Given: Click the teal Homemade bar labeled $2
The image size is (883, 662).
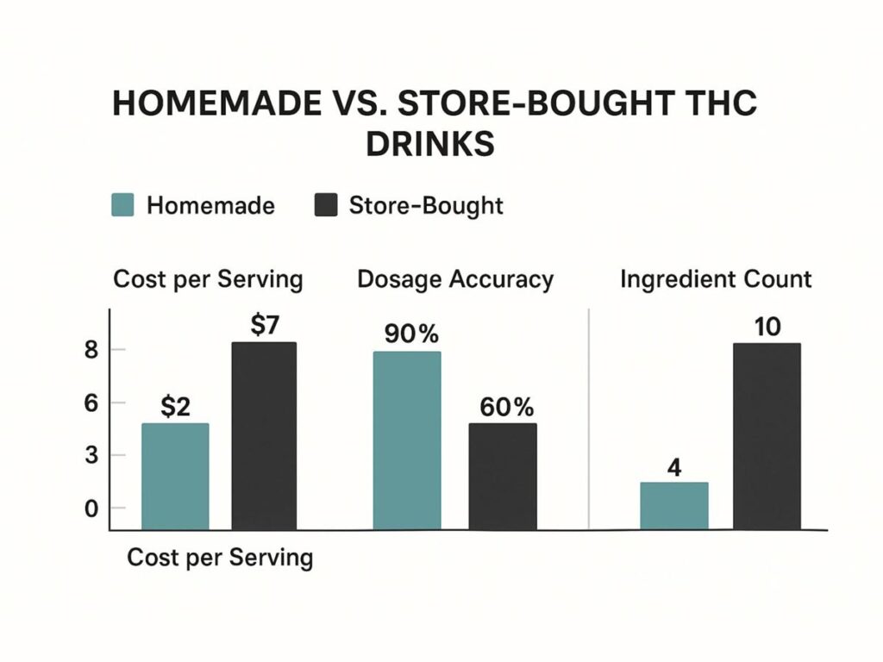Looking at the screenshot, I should [x=175, y=476].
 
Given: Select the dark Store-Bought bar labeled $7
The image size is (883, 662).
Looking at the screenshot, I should [x=264, y=435].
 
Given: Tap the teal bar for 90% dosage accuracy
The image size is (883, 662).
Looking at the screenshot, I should [x=406, y=440].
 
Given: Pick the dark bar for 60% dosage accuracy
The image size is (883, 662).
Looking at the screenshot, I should [x=503, y=476].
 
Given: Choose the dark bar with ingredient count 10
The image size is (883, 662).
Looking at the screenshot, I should [x=767, y=436].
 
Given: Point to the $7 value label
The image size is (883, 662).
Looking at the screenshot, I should [x=266, y=327].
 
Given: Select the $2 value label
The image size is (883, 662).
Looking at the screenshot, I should [x=175, y=407].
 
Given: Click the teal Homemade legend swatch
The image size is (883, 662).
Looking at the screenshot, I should [x=124, y=206].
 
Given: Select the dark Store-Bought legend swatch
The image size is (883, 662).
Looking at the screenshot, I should [x=325, y=206].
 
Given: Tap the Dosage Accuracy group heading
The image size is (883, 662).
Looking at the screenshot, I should [x=455, y=279].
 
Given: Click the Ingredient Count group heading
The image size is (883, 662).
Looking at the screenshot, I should [x=716, y=279].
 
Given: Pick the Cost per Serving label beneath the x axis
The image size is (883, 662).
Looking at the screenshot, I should [x=220, y=558].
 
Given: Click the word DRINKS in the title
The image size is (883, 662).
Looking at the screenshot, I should [x=429, y=143].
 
